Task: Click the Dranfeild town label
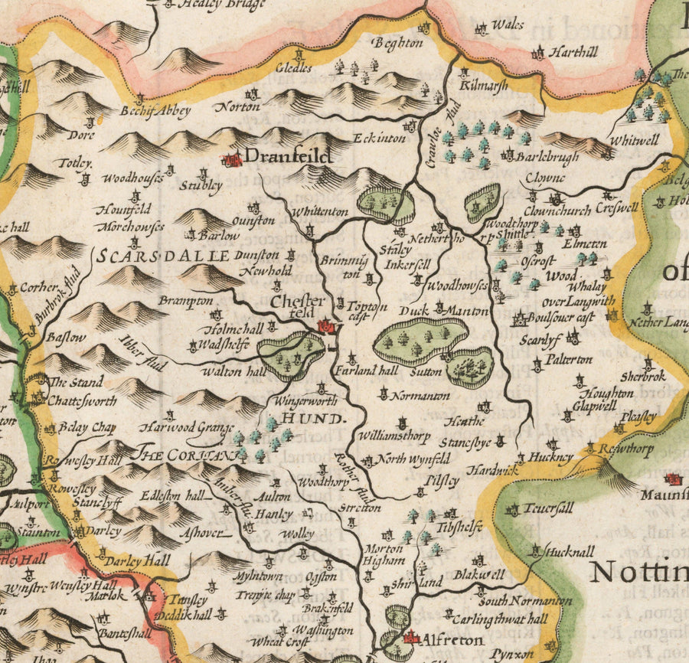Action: pyautogui.click(x=288, y=157)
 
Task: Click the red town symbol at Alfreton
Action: pyautogui.click(x=410, y=637)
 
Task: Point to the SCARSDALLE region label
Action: pyautogui.click(x=164, y=256)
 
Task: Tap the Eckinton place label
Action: pyautogui.click(x=379, y=139)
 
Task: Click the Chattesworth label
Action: pyautogui.click(x=83, y=400)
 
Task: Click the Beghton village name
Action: pyautogui.click(x=397, y=44)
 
